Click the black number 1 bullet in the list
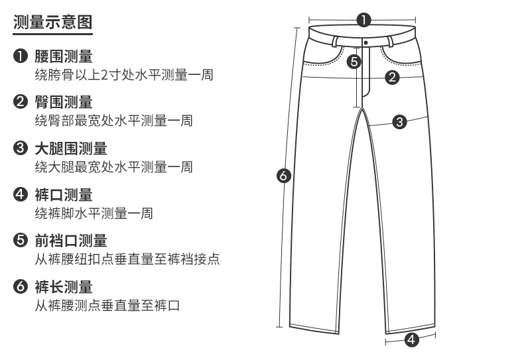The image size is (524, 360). [x=20, y=56]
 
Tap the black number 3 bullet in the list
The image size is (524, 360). [x=20, y=149]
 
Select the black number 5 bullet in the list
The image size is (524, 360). [x=20, y=241]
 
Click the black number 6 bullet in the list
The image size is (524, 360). [x=20, y=288]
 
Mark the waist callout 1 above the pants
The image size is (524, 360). [x=363, y=19]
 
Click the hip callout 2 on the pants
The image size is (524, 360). [x=392, y=78]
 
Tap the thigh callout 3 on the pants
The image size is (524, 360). [x=399, y=121]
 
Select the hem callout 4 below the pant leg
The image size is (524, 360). [x=411, y=340]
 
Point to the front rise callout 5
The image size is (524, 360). [x=354, y=62]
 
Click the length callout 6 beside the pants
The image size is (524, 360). [x=284, y=176]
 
